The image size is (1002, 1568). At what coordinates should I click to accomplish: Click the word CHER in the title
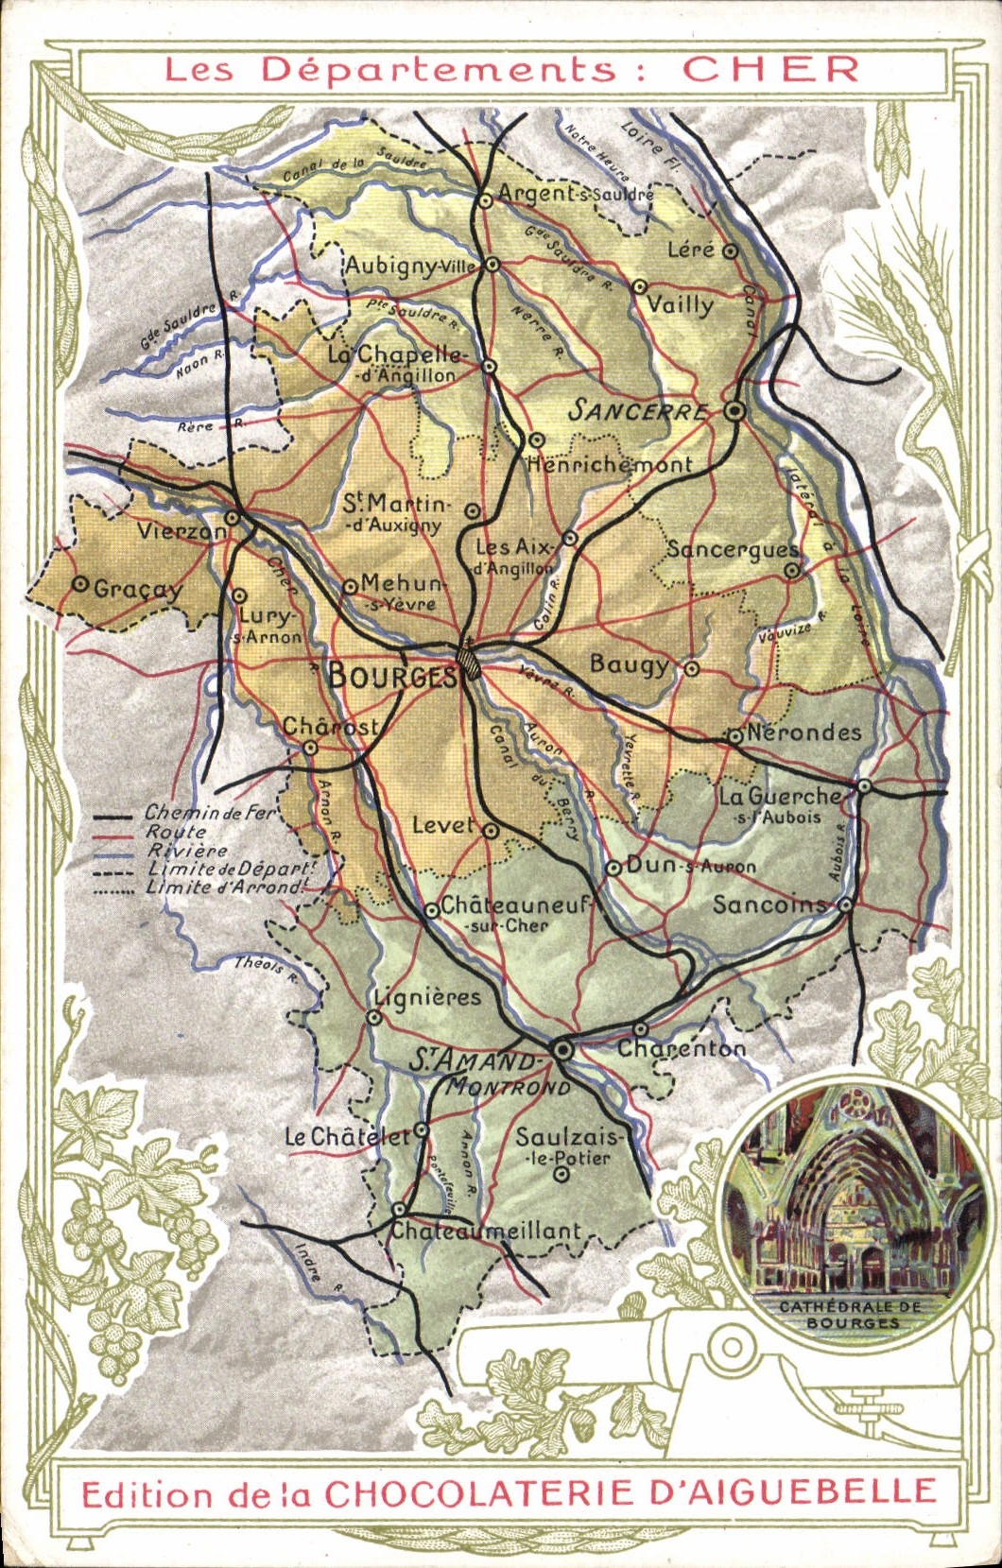770,69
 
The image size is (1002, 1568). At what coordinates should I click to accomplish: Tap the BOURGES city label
390,675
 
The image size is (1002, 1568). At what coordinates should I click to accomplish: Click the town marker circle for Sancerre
734,411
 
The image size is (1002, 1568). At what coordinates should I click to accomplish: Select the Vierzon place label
181,530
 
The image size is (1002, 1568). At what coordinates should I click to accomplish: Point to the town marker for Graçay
80,585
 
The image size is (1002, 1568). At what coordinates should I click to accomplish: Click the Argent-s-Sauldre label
575,193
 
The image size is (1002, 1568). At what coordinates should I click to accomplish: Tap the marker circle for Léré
730,250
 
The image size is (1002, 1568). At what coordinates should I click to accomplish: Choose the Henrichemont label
610,464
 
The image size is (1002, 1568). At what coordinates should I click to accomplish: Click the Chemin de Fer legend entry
209,813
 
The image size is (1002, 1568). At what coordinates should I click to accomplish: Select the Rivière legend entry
187,851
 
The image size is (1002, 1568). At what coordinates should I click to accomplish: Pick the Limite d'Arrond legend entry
227,887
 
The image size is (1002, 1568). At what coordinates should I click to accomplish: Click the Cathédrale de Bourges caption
850,1315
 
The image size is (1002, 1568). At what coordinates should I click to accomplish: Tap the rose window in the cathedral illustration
855,1101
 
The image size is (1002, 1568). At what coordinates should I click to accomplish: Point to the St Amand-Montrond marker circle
562,1049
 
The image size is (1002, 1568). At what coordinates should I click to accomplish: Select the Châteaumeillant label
486,1231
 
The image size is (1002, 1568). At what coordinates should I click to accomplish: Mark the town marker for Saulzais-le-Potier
561,1175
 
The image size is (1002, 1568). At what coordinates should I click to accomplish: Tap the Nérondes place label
803,732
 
